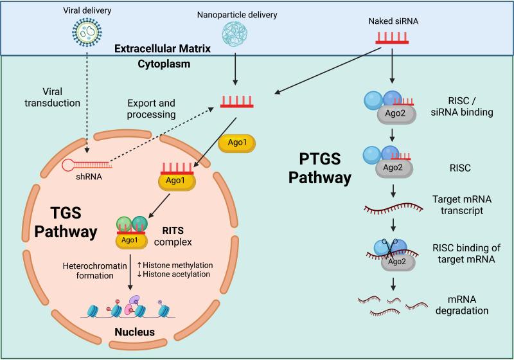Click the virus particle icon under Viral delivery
tap(87, 32)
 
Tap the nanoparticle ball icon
tap(235, 33)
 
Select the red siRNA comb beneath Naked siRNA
tap(392, 38)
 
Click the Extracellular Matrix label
tap(163, 49)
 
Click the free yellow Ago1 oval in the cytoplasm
tap(237, 143)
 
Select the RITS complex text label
tap(173, 237)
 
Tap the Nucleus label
tap(135, 332)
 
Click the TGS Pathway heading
tap(66, 222)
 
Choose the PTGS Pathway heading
tap(320, 168)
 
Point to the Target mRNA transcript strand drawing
tap(393, 208)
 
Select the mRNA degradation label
tap(462, 305)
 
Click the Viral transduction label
tap(52, 97)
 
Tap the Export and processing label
tap(151, 109)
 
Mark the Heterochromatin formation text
tap(94, 271)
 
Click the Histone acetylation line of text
tap(173, 274)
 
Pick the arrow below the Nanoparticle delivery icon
tap(235, 68)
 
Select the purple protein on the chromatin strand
tap(134, 300)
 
